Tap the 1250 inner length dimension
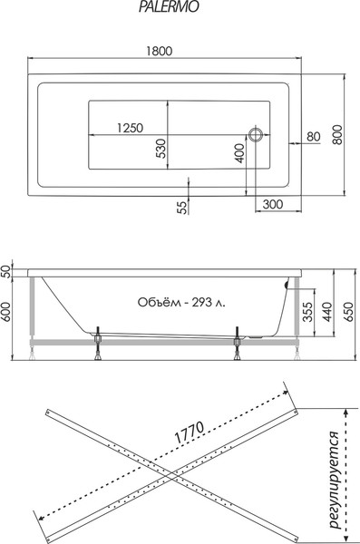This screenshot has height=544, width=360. click(x=131, y=128)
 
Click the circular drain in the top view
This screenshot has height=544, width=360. click(x=256, y=137)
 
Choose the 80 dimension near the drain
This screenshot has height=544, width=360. click(x=314, y=137)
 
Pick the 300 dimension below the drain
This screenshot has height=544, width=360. click(x=273, y=206)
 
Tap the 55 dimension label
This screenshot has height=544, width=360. click(x=182, y=208)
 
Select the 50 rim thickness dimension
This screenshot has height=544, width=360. click(x=5, y=270)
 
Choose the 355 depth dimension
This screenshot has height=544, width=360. click(x=308, y=313)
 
